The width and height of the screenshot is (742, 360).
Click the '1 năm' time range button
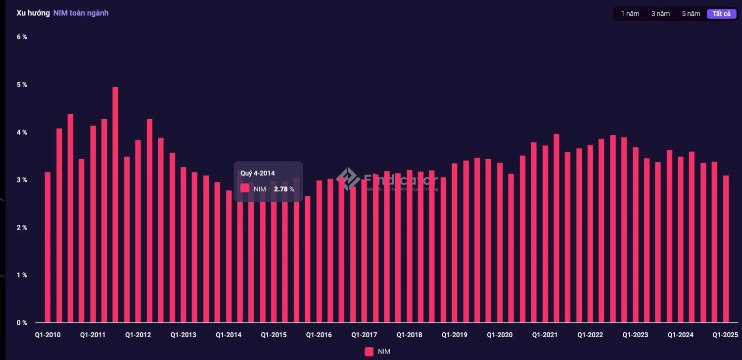pos(630,14)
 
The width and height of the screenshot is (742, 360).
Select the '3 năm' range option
pos(660,14)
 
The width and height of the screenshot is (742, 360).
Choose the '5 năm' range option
pos(691,14)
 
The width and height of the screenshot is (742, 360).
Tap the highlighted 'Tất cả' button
pos(721,14)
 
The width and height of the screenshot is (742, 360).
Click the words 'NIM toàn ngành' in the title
pos(81,13)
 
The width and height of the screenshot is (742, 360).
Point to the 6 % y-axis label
pos(21,37)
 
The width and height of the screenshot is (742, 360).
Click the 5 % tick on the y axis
pos(21,85)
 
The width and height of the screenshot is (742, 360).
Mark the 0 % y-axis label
pos(21,323)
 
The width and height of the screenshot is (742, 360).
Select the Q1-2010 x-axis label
pos(47,335)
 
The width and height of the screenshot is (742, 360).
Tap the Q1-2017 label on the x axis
pos(364,335)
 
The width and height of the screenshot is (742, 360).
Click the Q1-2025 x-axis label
pos(725,335)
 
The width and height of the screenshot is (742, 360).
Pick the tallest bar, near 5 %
pos(115,205)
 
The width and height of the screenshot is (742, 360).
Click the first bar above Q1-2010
pos(47,247)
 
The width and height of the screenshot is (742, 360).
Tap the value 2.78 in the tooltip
pos(280,189)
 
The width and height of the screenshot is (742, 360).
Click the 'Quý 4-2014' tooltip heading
pos(257,173)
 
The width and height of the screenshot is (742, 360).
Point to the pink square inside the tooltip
pos(245,188)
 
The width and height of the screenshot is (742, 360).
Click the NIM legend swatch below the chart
pos(369,352)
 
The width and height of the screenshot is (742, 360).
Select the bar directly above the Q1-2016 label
pos(319,251)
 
